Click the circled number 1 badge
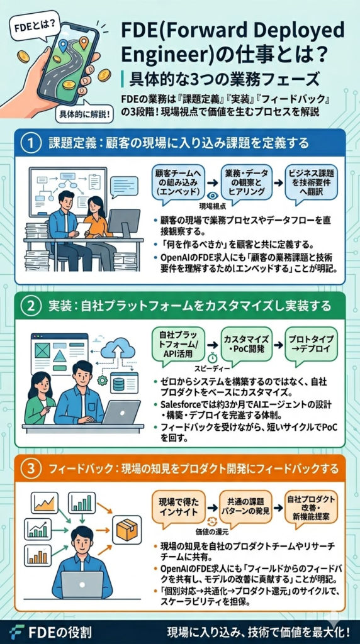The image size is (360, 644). (30, 143)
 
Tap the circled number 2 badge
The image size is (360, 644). (30, 306)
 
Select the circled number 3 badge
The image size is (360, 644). (30, 468)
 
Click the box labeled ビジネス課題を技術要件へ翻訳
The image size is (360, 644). (310, 182)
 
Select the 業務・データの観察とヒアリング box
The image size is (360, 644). (245, 182)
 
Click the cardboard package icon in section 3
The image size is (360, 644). (126, 529)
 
